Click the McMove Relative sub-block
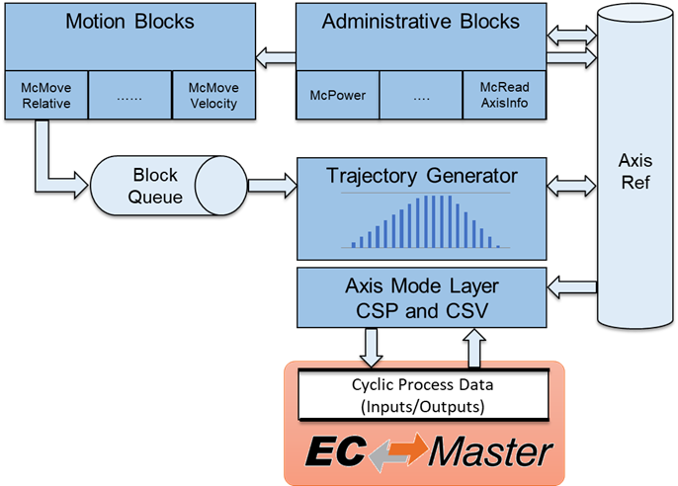[44, 94]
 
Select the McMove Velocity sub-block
[212, 94]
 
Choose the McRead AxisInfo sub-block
[504, 95]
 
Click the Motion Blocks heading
[129, 21]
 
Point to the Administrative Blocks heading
[419, 21]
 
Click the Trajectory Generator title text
[422, 176]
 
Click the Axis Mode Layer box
[422, 297]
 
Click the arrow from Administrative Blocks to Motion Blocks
[275, 55]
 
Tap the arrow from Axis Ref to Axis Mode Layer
[571, 286]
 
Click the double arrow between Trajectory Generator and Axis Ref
[571, 184]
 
